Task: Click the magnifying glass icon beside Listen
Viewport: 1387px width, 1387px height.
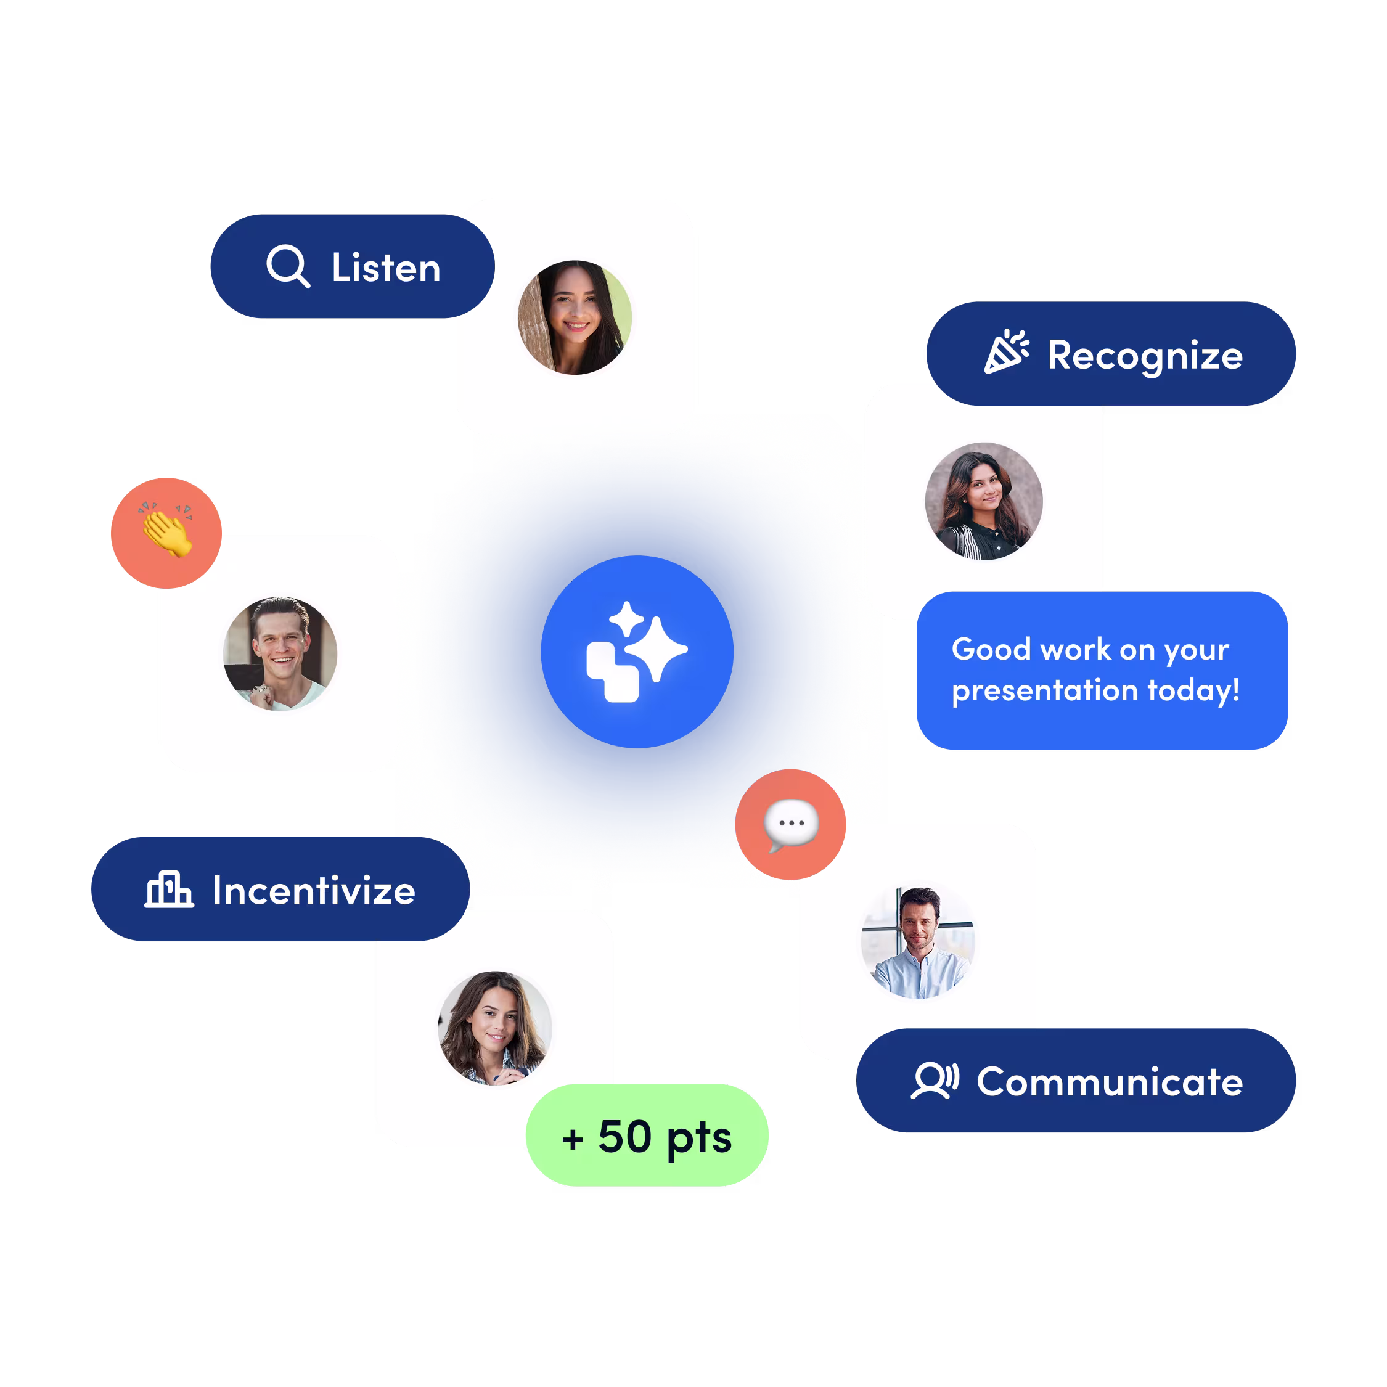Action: (x=288, y=266)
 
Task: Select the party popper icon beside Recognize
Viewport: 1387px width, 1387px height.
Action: (x=1006, y=352)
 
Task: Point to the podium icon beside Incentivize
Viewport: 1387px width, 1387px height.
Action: (x=169, y=890)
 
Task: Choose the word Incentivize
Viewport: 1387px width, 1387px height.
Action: (x=314, y=891)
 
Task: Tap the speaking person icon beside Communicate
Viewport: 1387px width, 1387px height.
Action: (x=935, y=1081)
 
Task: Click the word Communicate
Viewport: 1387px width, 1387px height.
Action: (x=1109, y=1082)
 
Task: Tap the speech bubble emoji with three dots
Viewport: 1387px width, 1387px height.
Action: (x=790, y=824)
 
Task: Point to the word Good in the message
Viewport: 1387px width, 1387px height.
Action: (x=991, y=649)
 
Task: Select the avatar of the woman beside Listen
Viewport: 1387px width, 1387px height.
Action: (x=575, y=317)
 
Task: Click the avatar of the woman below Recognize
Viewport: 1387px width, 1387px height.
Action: (x=983, y=501)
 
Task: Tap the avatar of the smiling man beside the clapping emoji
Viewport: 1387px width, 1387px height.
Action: (x=280, y=653)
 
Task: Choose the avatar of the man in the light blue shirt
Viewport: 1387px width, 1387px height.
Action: (x=917, y=942)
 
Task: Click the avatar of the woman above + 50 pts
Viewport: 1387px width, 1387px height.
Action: (x=494, y=1028)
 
